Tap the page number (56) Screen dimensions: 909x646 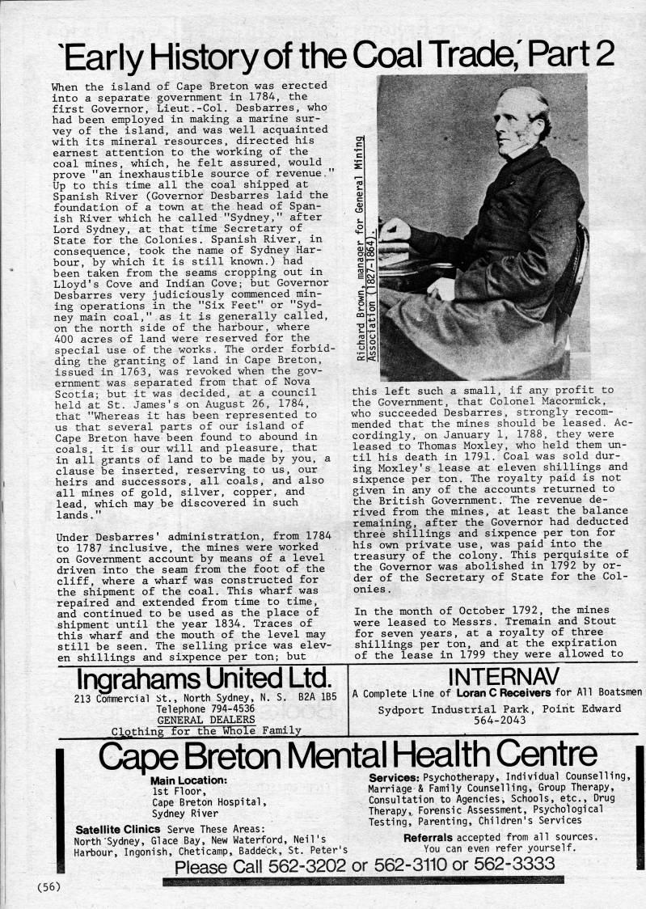click(49, 886)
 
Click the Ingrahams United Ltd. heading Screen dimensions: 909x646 click(204, 678)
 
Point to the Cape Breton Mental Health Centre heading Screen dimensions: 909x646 click(348, 756)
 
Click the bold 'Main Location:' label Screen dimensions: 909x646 click(188, 780)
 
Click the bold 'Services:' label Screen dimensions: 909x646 click(394, 776)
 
